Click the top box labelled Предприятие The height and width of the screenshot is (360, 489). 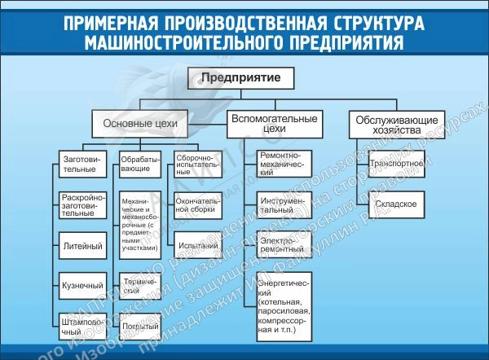(241, 79)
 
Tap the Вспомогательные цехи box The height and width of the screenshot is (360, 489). (275, 123)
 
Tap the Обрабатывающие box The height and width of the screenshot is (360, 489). (139, 165)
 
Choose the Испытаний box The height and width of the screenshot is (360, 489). (196, 244)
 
